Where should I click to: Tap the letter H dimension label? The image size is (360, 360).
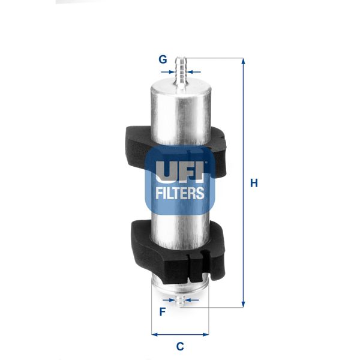(x=254, y=183)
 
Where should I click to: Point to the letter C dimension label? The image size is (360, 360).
(x=179, y=346)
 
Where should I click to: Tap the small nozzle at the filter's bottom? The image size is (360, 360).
(x=179, y=299)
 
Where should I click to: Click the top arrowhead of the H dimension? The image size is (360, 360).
(x=243, y=61)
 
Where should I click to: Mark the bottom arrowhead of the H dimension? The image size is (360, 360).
(x=243, y=304)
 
